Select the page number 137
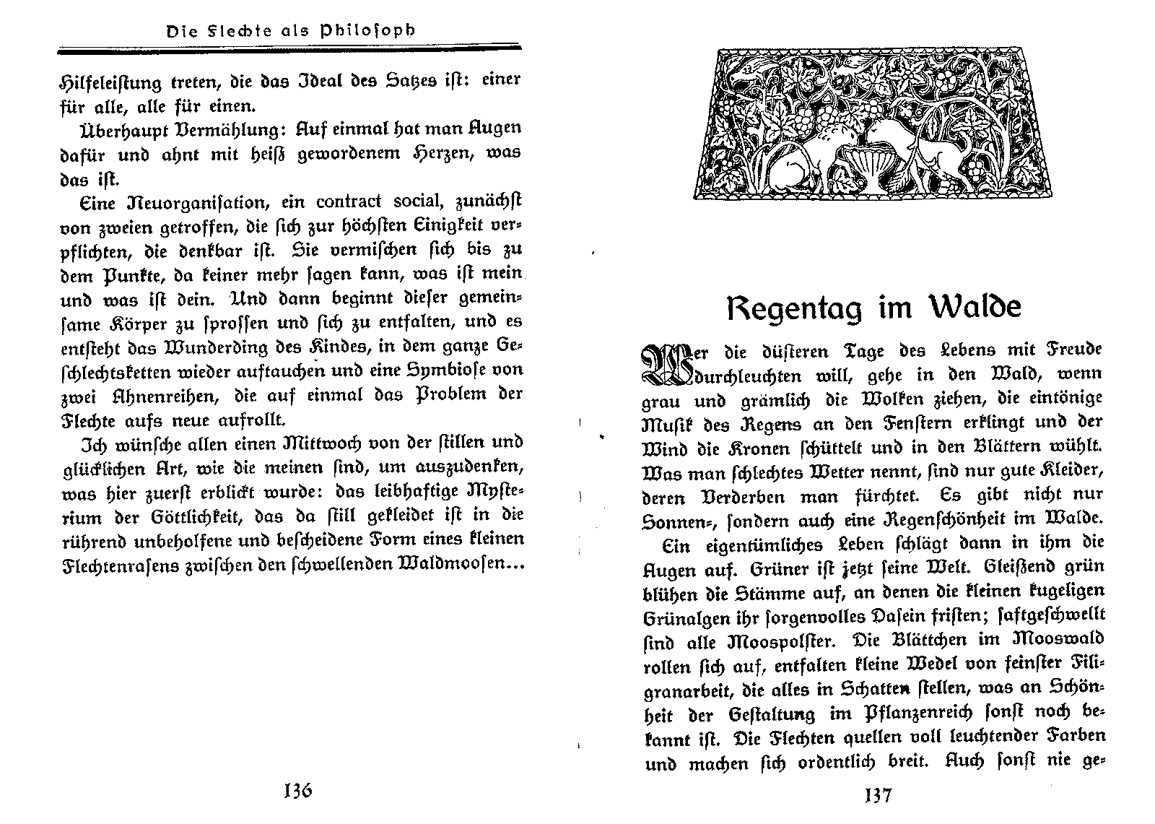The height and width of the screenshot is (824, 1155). (876, 795)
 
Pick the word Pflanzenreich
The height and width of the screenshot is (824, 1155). (921, 714)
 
